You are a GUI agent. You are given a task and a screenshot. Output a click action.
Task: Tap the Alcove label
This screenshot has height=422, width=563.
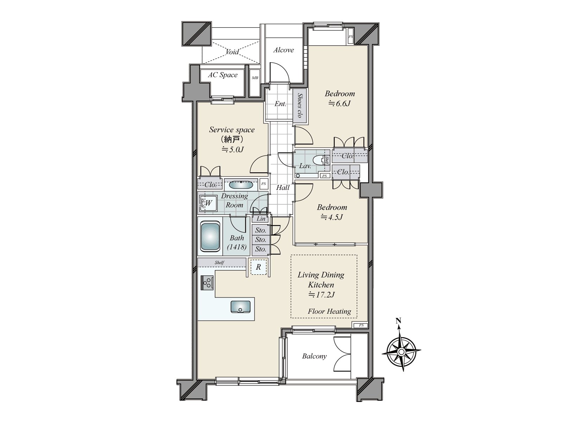pos(283,50)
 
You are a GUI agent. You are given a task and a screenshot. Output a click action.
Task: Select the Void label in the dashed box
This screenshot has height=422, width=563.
pos(232,52)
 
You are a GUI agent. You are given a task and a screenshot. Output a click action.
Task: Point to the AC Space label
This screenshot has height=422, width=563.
pos(223,75)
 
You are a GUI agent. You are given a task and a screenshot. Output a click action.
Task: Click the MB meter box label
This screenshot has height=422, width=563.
pos(255,78)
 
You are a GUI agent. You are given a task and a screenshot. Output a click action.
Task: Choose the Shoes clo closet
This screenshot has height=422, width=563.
pos(299,105)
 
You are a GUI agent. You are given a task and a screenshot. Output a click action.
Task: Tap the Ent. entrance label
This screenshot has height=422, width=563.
pos(280,104)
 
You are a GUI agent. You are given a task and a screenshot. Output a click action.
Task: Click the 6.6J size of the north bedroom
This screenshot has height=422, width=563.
pos(339,103)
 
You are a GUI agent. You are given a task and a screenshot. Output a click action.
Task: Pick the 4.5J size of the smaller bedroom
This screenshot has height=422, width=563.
pos(332,217)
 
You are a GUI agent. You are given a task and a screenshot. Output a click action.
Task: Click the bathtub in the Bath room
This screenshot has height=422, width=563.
pos(210,236)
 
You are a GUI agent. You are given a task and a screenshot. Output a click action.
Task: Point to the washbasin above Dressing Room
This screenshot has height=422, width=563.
pos(241,185)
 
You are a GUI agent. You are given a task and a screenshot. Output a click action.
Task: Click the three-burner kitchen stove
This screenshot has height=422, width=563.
pos(207,283)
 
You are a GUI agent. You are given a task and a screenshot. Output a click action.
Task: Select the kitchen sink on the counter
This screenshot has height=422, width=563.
pos(240,307)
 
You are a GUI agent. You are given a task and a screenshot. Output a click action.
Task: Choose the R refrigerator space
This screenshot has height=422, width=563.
pos(258,267)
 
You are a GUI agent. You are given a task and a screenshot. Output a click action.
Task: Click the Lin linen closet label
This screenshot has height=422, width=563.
pos(261,219)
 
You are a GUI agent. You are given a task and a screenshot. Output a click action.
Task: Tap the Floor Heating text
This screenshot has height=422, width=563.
pos(329,311)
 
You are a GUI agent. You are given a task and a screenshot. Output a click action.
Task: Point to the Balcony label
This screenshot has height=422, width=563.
pos(314,356)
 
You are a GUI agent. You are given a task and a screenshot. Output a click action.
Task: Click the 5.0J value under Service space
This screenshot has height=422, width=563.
pos(232,149)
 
